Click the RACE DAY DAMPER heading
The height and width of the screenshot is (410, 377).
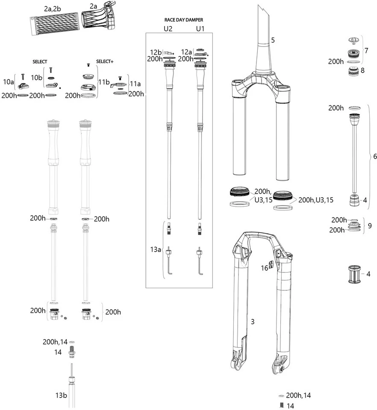184,20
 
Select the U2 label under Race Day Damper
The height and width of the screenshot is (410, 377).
168,29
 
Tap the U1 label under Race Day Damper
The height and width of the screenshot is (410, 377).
200,29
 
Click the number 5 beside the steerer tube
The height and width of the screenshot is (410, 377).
273,40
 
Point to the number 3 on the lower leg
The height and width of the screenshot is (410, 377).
253,322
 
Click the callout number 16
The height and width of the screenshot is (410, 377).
265,268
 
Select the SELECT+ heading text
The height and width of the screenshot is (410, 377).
105,62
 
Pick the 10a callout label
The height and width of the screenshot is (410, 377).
8,81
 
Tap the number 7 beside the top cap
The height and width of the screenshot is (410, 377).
366,50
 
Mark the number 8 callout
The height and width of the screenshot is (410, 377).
362,70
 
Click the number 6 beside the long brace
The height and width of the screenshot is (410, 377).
375,156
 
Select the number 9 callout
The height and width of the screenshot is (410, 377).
370,225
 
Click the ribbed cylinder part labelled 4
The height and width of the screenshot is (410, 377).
353,274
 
